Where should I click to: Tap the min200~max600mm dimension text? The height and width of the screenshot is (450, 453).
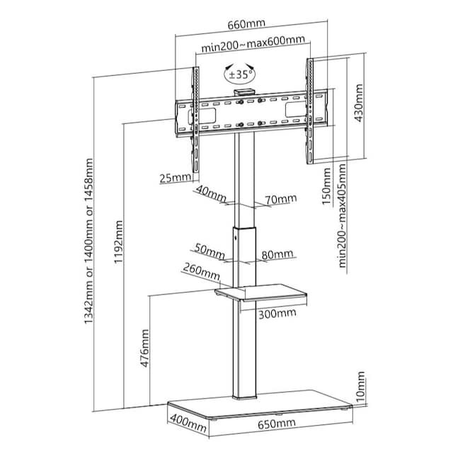point(253,48)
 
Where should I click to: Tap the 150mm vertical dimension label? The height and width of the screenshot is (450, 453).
point(326,186)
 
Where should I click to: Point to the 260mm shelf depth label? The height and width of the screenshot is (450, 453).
point(200,271)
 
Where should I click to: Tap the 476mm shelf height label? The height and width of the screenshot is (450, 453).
point(145,346)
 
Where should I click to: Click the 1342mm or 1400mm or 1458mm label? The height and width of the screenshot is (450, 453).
point(88,252)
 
